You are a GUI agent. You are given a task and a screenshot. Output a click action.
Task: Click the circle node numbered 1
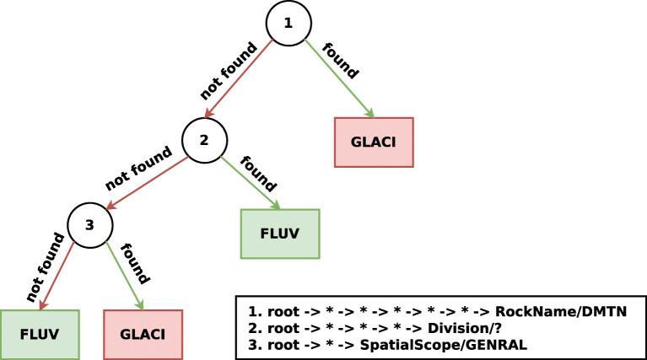click(x=288, y=23)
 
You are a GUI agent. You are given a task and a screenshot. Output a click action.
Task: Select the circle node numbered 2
click(x=203, y=140)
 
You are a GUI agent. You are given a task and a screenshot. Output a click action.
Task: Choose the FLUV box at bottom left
click(x=39, y=333)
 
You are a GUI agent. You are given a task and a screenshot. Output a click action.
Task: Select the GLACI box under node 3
click(x=143, y=333)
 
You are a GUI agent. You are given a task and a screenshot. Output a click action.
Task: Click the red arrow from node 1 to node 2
click(x=241, y=83)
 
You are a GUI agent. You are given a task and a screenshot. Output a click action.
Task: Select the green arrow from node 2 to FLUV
click(x=251, y=180)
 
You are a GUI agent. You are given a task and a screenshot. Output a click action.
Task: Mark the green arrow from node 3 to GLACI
click(x=125, y=277)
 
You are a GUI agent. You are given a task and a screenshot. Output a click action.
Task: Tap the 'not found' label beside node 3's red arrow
click(x=45, y=266)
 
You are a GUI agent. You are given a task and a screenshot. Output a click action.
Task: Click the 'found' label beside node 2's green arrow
click(x=259, y=172)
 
